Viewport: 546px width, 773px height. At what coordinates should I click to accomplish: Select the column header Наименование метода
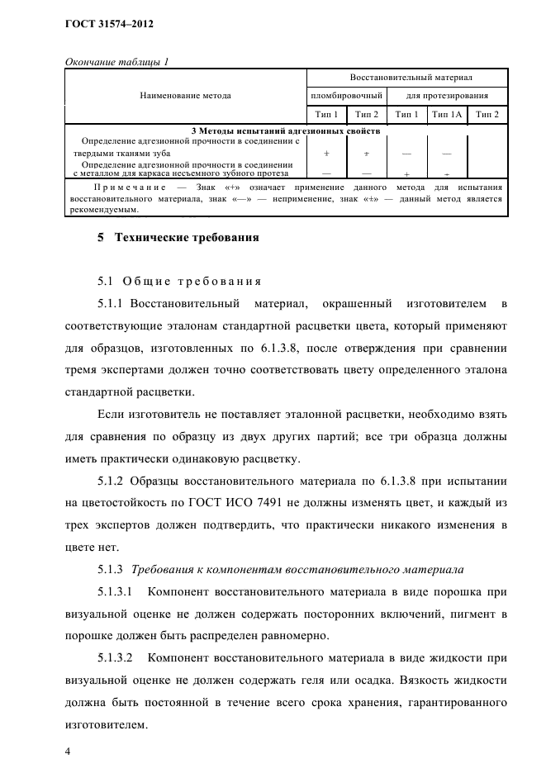(186, 96)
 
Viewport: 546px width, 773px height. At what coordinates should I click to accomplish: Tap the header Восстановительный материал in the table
(410, 78)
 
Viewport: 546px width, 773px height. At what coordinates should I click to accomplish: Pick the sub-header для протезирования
(448, 96)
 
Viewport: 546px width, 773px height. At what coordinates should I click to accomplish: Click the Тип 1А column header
(447, 114)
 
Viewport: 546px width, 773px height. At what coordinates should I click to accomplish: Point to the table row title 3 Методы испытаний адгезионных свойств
(285, 130)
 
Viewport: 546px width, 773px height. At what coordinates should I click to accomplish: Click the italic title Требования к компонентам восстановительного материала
(297, 569)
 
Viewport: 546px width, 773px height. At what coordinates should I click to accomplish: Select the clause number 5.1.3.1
(116, 591)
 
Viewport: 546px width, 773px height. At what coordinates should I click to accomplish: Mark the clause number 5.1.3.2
(116, 659)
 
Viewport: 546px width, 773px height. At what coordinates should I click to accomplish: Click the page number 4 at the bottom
(69, 752)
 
